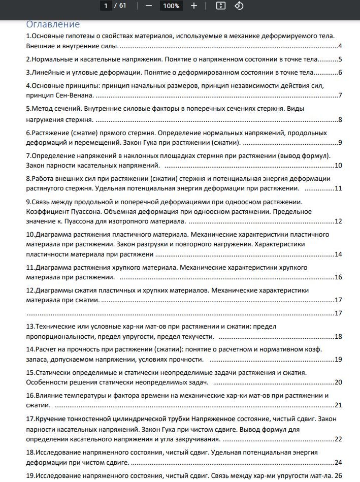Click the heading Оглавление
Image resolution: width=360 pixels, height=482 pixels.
point(53,24)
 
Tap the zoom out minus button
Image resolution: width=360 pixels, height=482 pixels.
point(148,6)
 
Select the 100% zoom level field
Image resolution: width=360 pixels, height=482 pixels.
point(171,6)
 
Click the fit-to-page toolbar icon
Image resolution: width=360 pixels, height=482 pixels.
point(220,6)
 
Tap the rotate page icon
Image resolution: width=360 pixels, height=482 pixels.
point(239,6)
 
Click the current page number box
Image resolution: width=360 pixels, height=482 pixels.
point(106,6)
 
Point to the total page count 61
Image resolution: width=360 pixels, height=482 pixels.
point(122,6)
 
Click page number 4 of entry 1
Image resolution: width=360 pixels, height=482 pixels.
point(340,46)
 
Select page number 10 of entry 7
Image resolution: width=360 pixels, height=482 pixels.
point(338,165)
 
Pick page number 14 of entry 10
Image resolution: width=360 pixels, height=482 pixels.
point(338,254)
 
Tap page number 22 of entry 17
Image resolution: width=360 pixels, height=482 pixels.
point(338,439)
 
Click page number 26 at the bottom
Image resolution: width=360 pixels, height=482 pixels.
point(338,475)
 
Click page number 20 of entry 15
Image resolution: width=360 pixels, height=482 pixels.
point(338,382)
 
